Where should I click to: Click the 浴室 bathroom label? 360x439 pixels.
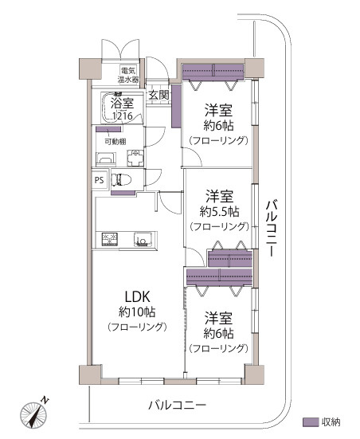point(122,103)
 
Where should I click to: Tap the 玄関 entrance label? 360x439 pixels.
point(158,96)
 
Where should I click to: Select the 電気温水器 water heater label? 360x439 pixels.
point(127,76)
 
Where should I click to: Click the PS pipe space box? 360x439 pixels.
point(100,180)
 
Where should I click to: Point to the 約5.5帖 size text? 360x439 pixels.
point(218,211)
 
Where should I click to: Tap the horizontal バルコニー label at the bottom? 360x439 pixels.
point(177,405)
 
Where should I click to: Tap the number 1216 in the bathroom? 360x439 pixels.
point(122,116)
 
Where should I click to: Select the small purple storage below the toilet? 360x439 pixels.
point(121,191)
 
